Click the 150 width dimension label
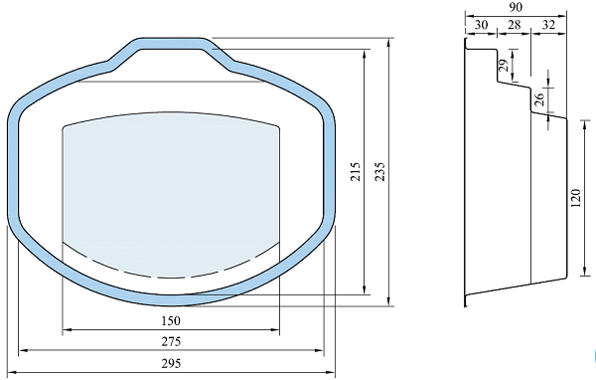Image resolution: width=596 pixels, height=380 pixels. click(171, 320)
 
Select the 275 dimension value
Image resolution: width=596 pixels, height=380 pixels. click(171, 341)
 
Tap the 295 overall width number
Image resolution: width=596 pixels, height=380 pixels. click(171, 363)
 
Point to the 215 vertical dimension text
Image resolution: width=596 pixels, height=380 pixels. click(355, 172)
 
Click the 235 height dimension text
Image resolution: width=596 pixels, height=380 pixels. click(379, 172)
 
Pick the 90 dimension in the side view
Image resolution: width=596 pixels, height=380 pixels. click(516, 7)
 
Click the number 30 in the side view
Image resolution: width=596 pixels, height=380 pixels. click(481, 25)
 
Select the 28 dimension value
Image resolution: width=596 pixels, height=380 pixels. click(514, 25)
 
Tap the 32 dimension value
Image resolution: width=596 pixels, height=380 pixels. click(548, 25)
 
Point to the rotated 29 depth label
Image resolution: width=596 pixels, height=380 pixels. click(504, 65)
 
